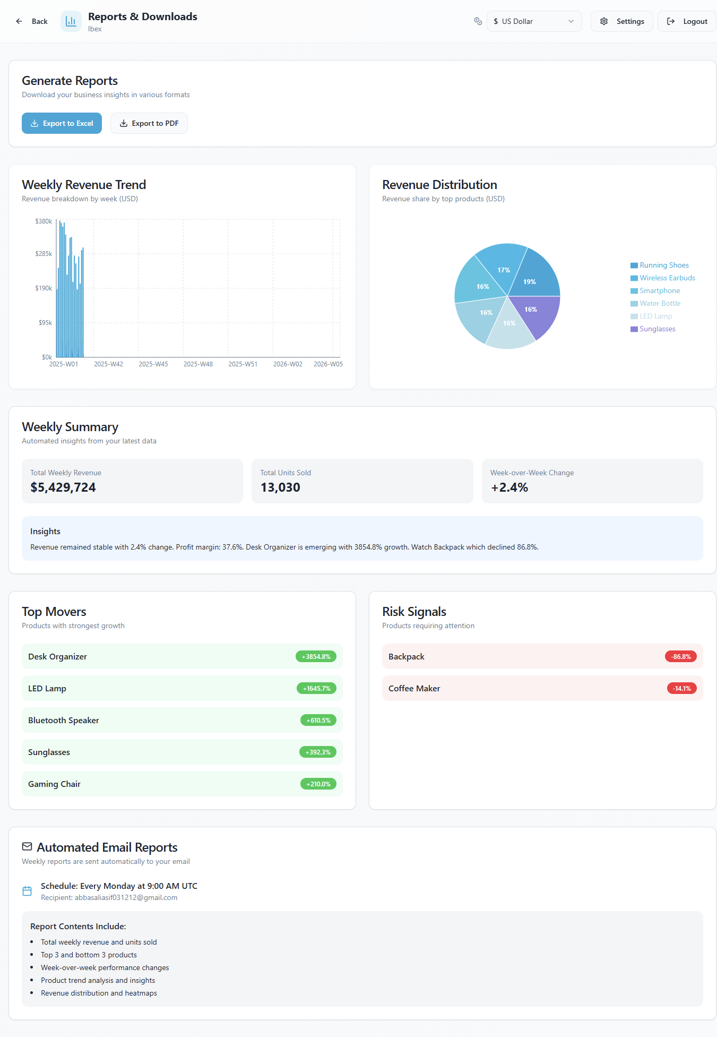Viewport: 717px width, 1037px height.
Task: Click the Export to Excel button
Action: (x=62, y=123)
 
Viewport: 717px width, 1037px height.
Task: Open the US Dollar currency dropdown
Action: (x=534, y=21)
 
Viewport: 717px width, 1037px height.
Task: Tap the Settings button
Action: (x=621, y=21)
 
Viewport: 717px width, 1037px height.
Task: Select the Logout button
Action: (x=687, y=21)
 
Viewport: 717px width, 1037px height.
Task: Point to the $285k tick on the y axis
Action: (x=44, y=254)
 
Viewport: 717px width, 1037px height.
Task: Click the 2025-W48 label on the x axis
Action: (x=198, y=364)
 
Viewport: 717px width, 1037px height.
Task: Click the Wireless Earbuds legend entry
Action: (x=667, y=278)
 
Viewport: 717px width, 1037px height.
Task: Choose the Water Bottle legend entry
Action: (x=660, y=304)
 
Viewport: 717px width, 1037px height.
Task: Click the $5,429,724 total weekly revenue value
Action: (x=63, y=487)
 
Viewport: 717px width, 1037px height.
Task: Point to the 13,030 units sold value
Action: (x=280, y=487)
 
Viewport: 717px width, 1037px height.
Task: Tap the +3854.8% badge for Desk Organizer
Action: (x=316, y=657)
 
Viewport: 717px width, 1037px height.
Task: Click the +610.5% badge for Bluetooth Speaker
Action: (x=318, y=721)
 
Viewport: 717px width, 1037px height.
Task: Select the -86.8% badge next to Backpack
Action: (x=680, y=657)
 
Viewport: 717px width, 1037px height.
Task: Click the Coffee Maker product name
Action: (x=414, y=689)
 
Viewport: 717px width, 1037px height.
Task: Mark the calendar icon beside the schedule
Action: (x=27, y=891)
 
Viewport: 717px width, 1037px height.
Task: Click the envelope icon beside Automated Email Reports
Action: (x=27, y=846)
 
